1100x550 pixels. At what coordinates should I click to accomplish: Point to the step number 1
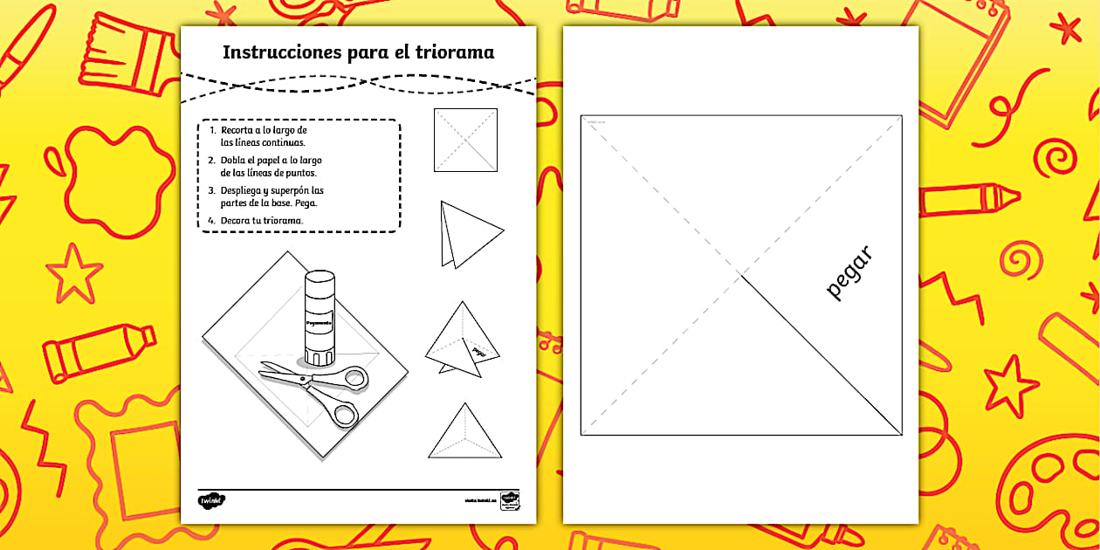(212, 130)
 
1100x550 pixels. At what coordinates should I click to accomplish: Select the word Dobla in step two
(235, 160)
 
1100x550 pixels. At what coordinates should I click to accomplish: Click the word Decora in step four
(237, 220)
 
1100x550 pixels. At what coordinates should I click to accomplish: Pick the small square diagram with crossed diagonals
(465, 140)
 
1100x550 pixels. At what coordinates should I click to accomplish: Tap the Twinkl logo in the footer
(211, 501)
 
